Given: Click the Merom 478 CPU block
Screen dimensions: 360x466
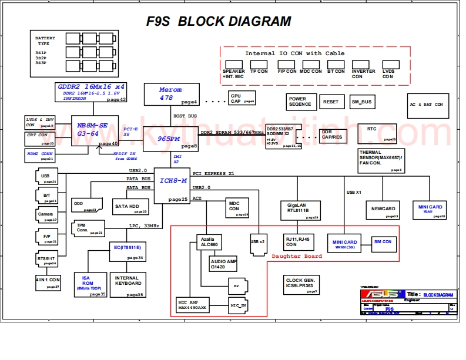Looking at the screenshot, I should (170, 93).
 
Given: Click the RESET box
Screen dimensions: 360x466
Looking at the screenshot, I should (331, 102).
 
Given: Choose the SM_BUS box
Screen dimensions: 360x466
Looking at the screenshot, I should (362, 102).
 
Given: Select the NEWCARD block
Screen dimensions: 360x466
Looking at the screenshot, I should (383, 209).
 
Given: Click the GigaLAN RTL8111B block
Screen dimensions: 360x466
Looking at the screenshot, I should (299, 209).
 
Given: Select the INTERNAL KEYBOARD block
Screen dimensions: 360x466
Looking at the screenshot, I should (128, 282).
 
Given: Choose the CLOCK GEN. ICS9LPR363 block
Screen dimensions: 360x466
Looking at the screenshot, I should (301, 284).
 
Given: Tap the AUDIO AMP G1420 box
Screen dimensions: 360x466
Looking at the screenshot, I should (223, 264).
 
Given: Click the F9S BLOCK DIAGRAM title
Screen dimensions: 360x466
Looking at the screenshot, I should (219, 22).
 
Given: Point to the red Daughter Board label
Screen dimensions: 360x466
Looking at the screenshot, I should (297, 256).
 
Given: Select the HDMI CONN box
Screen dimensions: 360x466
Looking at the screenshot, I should (40, 155).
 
